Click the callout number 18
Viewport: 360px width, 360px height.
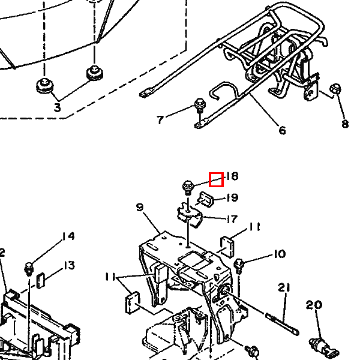(x=232, y=176)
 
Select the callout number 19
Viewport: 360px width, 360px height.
(x=232, y=197)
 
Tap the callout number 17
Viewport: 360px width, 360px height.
(x=232, y=219)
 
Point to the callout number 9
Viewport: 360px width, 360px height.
(x=140, y=208)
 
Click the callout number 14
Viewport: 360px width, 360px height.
(x=68, y=236)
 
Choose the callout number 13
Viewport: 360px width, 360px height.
(x=69, y=265)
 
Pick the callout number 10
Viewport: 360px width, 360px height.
(x=280, y=254)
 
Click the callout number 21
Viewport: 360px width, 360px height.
(x=284, y=287)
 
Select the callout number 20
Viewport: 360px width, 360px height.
(x=314, y=305)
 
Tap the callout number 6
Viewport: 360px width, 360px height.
(x=282, y=130)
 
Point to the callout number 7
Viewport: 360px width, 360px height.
(x=160, y=120)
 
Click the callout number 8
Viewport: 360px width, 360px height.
(x=345, y=124)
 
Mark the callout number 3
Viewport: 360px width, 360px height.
(x=57, y=107)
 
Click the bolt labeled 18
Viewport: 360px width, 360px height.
(x=188, y=187)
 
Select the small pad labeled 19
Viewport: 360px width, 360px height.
(x=206, y=199)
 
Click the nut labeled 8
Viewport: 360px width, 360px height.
(x=335, y=89)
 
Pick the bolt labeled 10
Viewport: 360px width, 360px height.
(x=239, y=266)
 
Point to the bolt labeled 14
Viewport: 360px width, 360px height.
(x=29, y=269)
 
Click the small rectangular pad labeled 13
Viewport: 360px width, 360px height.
(x=40, y=280)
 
